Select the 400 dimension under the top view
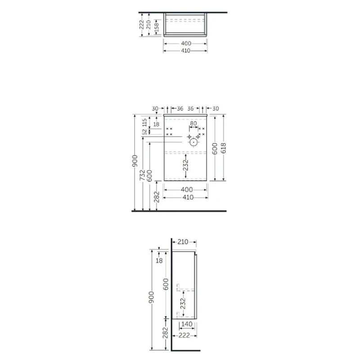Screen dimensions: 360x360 (x=186, y=44)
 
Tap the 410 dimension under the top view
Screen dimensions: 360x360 (x=186, y=51)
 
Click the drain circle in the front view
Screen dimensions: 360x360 (x=193, y=142)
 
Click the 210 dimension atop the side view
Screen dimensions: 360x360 (x=182, y=242)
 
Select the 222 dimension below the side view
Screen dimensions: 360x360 (x=183, y=336)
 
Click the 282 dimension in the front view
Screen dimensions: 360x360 (x=157, y=197)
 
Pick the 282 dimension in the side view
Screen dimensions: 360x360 (x=165, y=333)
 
